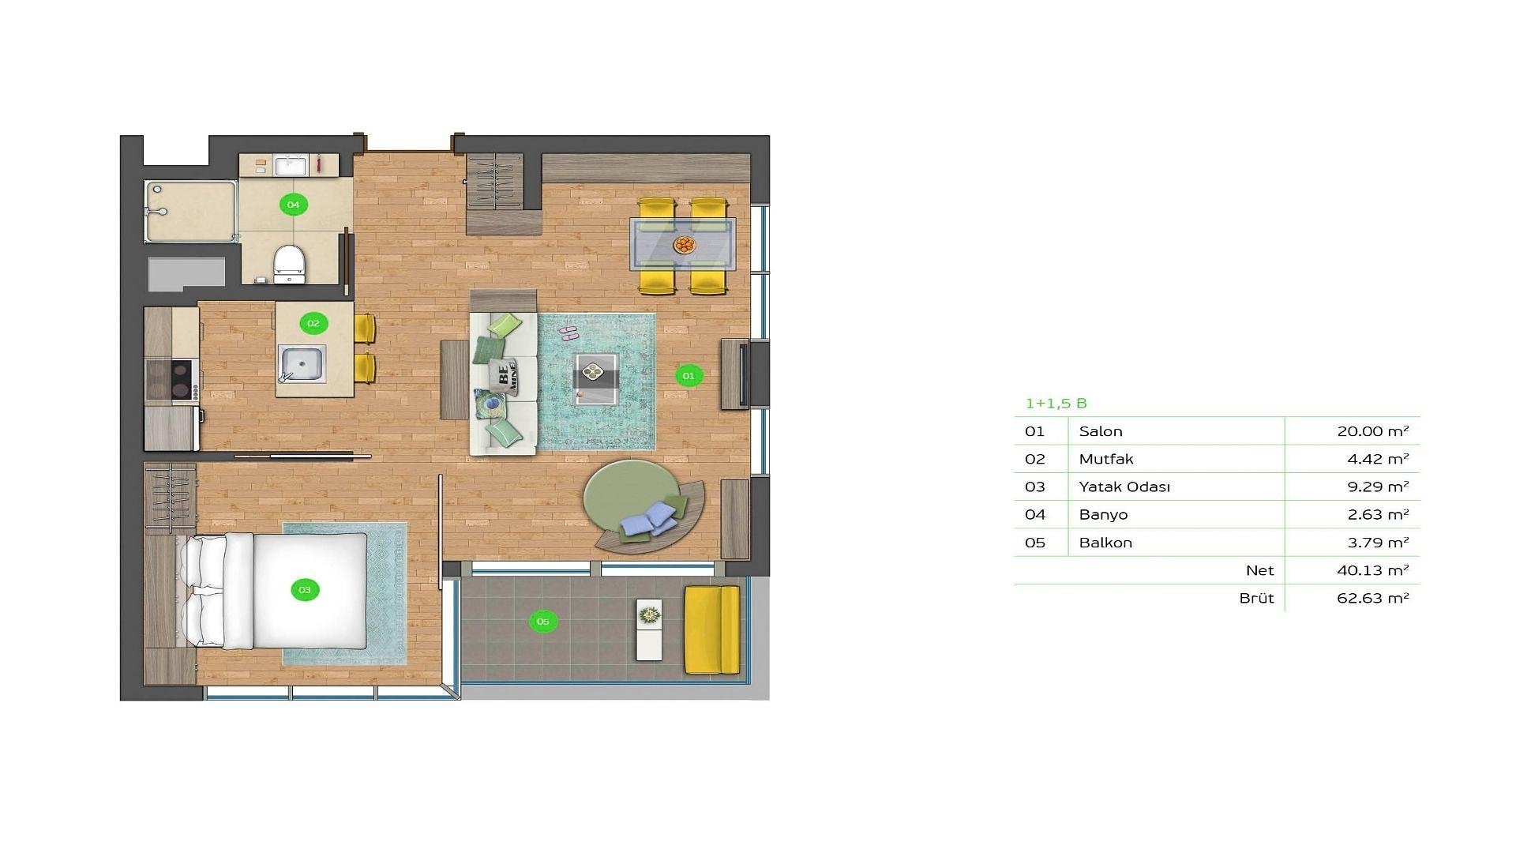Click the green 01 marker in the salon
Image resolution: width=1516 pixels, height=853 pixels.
[689, 376]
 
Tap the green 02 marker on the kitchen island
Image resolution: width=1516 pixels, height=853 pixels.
[313, 323]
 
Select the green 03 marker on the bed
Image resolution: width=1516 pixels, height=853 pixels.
[305, 589]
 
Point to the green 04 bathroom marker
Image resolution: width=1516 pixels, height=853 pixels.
[293, 205]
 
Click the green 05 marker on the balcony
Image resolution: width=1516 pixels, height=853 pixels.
[542, 622]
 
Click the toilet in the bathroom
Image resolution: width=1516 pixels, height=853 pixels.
[289, 262]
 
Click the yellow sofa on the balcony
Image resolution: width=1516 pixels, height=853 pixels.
[711, 629]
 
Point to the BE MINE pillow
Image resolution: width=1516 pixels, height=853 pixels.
[504, 376]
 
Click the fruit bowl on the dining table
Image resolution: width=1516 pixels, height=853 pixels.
[685, 245]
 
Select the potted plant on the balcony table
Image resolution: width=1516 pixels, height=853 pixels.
[650, 613]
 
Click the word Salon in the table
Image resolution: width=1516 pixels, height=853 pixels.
[1101, 431]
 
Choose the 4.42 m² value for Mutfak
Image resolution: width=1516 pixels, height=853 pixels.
[1378, 459]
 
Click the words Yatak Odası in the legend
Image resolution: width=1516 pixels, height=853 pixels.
[1124, 487]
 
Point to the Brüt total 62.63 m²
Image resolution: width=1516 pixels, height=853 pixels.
[1373, 598]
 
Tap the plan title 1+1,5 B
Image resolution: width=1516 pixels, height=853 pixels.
[1056, 404]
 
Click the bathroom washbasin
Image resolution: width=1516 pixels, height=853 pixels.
[291, 166]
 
